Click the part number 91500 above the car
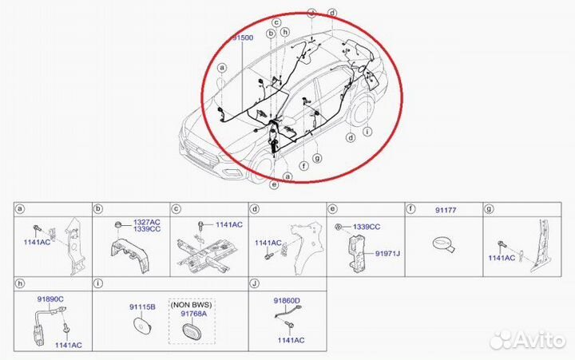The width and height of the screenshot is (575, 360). (244, 38)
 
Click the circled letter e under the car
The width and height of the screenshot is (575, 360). (274, 185)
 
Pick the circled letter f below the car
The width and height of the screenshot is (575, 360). (303, 167)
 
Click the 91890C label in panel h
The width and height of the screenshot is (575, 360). (50, 297)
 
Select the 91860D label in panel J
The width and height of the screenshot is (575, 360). (286, 300)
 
